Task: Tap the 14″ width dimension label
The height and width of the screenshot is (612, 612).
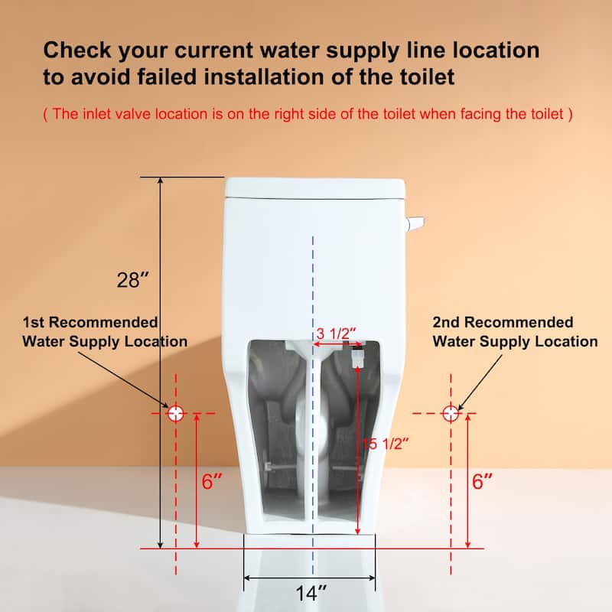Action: pos(311,591)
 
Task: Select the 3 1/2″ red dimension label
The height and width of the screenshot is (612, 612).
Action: pos(337,334)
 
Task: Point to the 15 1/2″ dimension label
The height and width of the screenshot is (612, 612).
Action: pos(380,442)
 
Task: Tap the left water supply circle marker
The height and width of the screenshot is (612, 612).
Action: pos(177,413)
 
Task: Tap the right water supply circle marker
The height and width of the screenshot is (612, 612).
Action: pos(451,413)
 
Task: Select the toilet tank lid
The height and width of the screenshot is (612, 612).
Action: pos(314,187)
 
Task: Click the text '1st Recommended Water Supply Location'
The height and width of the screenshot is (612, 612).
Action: pos(105,332)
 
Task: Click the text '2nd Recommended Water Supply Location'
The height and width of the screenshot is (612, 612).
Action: pos(515,332)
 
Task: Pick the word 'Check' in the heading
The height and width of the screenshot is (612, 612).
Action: pos(78,51)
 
